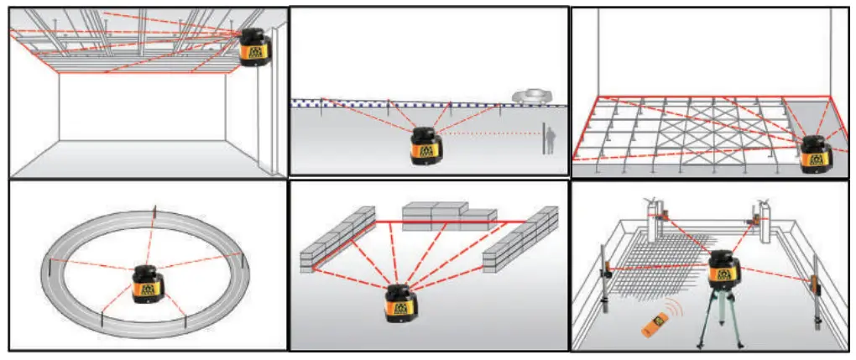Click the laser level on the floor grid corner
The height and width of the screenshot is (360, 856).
point(815,153)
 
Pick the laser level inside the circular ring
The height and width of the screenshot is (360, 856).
point(147,283)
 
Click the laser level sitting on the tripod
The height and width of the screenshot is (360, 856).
point(722,273)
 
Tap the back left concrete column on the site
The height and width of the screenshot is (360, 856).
point(657,217)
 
